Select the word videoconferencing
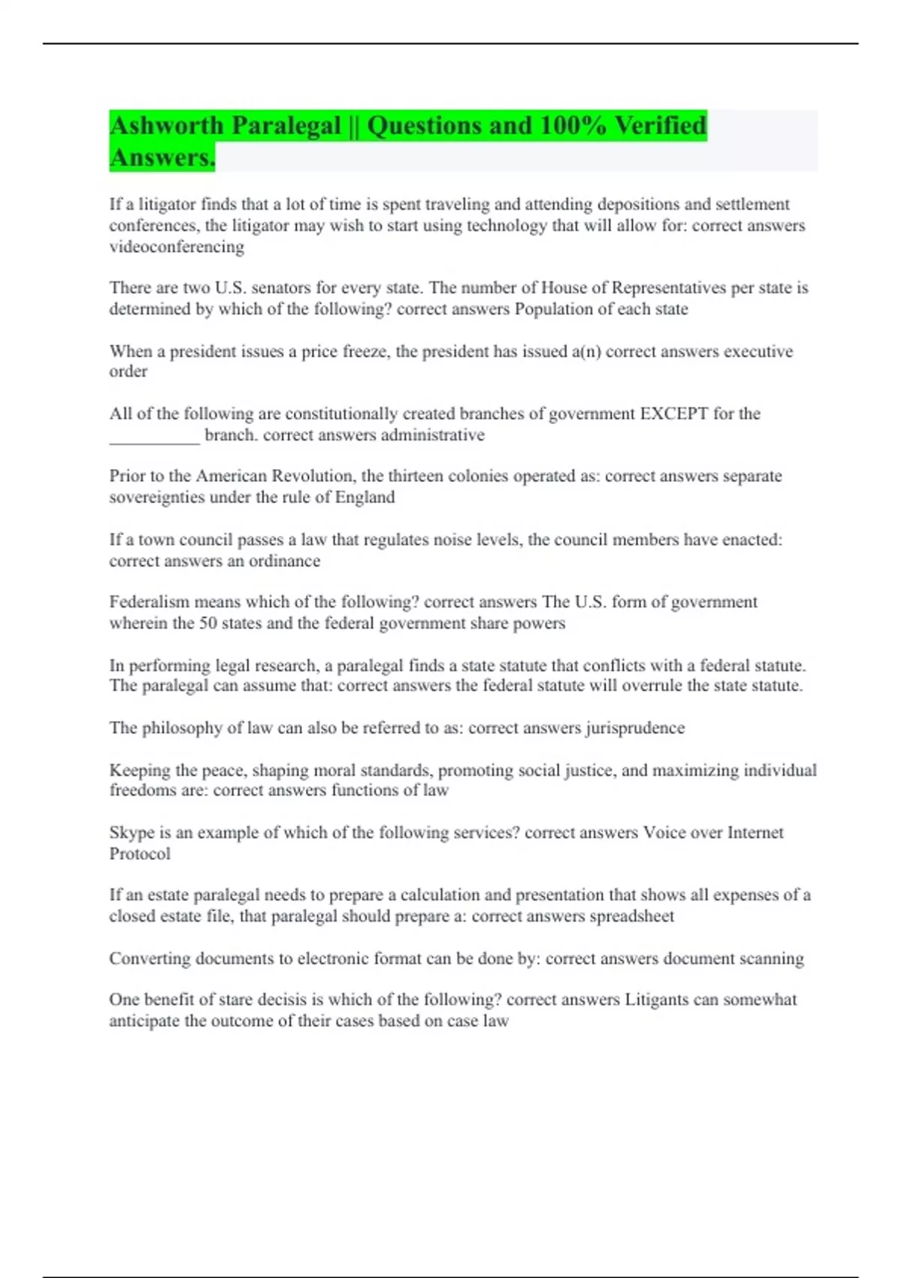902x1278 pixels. tap(177, 247)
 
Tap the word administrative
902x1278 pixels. tap(432, 435)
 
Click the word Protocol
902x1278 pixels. tap(140, 854)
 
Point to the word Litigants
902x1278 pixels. tap(658, 1000)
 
